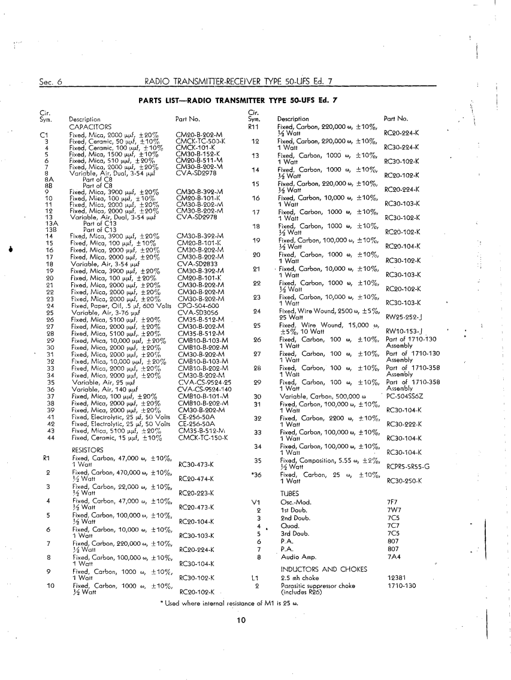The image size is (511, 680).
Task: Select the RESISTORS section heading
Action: [x=87, y=449]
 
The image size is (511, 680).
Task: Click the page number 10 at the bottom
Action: [x=241, y=619]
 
